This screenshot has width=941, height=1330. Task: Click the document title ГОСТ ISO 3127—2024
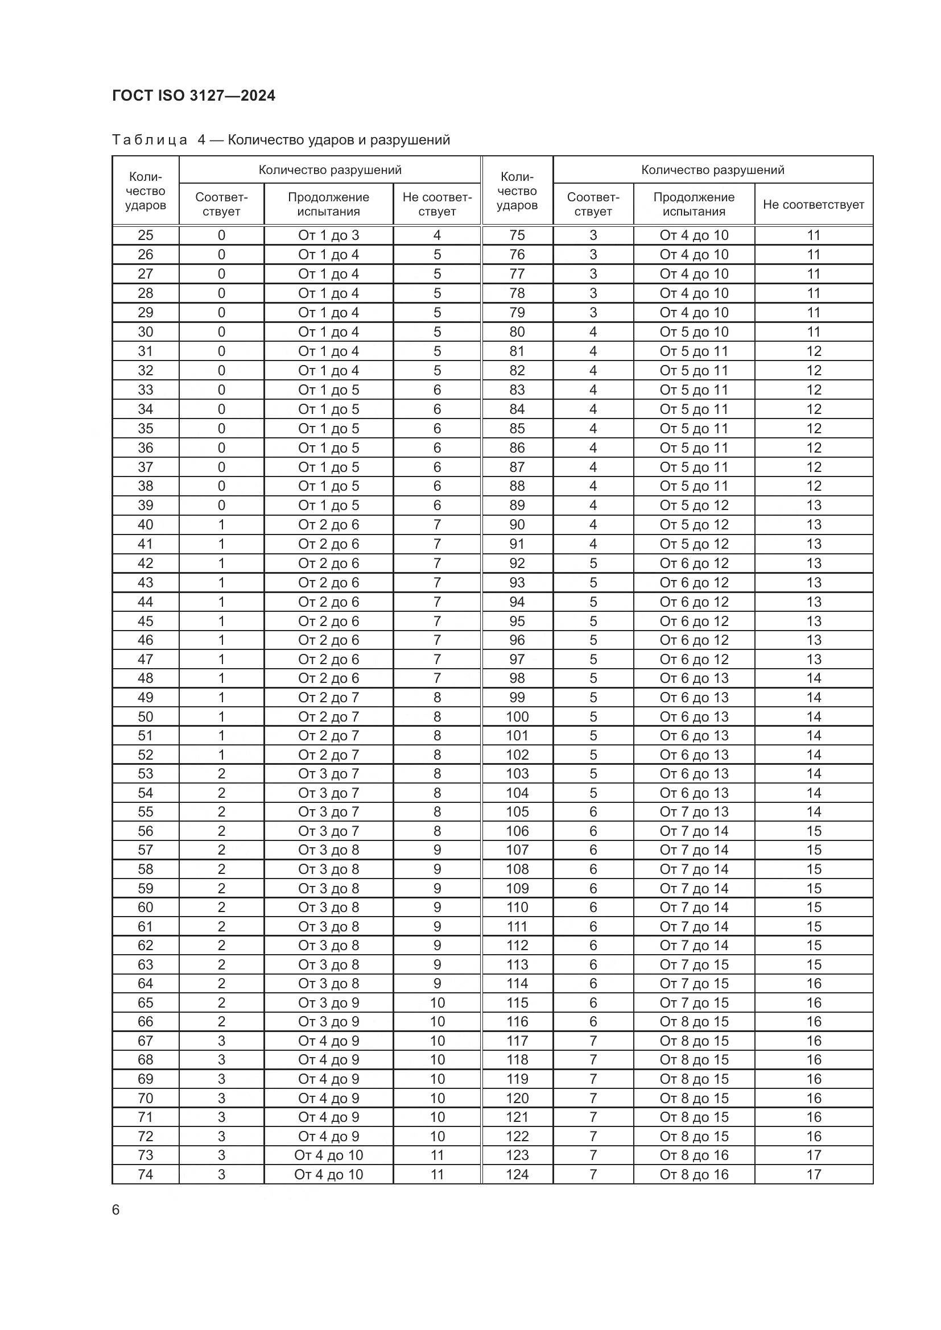coord(193,96)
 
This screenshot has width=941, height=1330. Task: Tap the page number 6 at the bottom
coord(116,1209)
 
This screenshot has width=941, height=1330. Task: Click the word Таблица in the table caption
coord(150,140)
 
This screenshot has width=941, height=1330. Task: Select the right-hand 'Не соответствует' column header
coord(813,205)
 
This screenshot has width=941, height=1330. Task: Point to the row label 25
coord(146,235)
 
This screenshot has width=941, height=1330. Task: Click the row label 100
coord(517,716)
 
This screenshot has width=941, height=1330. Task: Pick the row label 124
coord(517,1174)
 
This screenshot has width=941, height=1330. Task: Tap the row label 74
coord(146,1174)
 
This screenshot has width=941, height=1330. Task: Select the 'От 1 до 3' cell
coord(328,235)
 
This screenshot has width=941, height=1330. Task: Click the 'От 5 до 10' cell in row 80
coord(694,332)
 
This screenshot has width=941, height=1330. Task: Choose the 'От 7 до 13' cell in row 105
coord(694,811)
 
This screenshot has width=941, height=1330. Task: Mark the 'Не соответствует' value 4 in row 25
coord(437,235)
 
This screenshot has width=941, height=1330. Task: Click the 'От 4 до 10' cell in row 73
coord(328,1155)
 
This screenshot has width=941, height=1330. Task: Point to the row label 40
coord(146,525)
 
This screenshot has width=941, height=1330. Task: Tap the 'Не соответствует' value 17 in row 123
coord(814,1155)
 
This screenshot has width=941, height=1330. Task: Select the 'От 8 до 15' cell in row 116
coord(694,1021)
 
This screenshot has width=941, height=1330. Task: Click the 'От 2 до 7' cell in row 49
coord(328,698)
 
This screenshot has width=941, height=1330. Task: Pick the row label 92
coord(517,563)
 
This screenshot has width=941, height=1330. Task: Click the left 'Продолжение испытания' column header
coord(328,205)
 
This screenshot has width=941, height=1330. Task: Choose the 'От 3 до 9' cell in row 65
coord(328,1002)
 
